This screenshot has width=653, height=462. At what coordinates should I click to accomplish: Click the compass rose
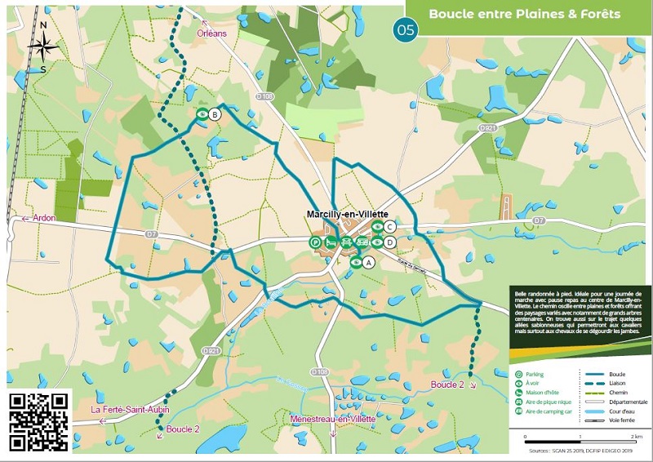click(42, 47)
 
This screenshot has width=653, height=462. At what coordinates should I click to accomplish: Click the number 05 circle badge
click(405, 31)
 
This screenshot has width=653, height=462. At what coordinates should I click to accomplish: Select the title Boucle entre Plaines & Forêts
click(524, 14)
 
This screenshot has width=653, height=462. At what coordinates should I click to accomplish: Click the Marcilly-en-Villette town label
click(346, 213)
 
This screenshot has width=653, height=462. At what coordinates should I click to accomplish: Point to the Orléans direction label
click(211, 33)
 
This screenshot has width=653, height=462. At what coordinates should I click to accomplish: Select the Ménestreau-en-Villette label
click(333, 419)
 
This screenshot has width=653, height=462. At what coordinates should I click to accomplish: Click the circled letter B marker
click(215, 115)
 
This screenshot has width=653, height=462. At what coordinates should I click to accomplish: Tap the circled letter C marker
click(391, 227)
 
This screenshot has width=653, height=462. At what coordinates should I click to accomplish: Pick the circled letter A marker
click(368, 263)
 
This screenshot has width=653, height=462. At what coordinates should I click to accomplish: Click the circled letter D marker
click(391, 242)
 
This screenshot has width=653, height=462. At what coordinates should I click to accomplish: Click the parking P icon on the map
click(315, 242)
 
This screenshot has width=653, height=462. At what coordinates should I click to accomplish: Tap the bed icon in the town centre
click(331, 242)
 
